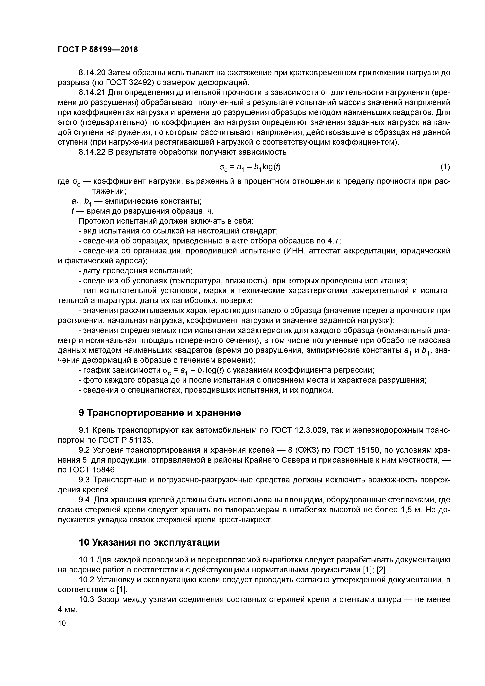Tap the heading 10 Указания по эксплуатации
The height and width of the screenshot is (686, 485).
coord(149,542)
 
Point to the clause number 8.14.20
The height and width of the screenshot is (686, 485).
coord(92,73)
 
